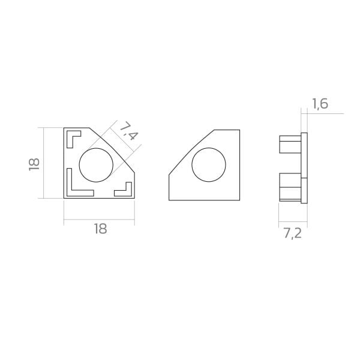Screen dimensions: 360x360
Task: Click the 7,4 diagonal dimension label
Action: point(129,131)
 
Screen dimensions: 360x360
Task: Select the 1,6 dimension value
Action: point(320,104)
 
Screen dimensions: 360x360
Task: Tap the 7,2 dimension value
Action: point(293,234)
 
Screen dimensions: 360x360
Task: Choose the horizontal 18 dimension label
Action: point(101,229)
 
